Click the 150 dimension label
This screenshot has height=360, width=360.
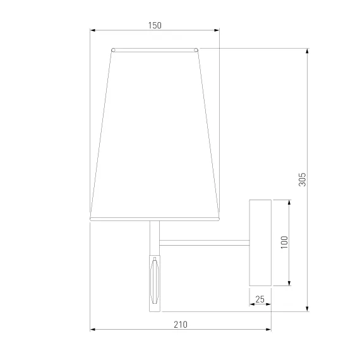pyautogui.click(x=155, y=25)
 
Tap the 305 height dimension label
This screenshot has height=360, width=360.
pyautogui.click(x=303, y=179)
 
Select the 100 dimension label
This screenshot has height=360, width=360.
pyautogui.click(x=284, y=243)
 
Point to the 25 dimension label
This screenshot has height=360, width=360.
pyautogui.click(x=260, y=299)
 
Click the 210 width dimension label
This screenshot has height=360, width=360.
pyautogui.click(x=181, y=325)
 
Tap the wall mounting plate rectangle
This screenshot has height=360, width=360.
pyautogui.click(x=260, y=243)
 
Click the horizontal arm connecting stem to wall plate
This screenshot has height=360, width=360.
pyautogui.click(x=205, y=243)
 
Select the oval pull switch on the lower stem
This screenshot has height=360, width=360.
pyautogui.click(x=155, y=280)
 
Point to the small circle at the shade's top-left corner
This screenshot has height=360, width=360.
pyautogui.click(x=113, y=50)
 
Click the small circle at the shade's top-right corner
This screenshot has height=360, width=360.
pyautogui.click(x=196, y=50)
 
